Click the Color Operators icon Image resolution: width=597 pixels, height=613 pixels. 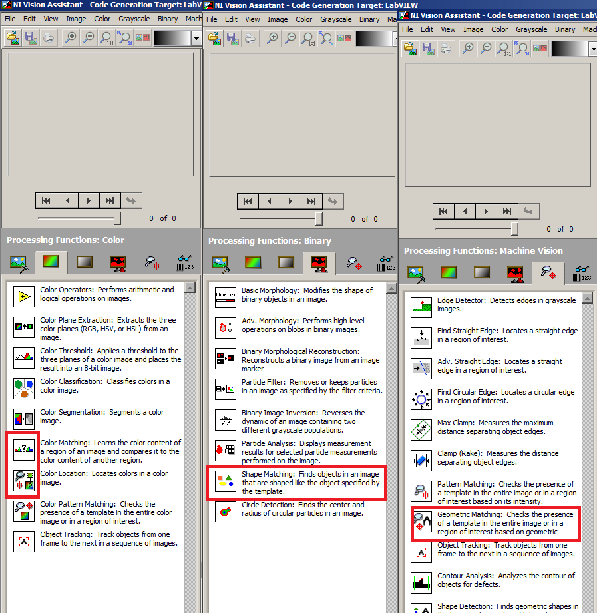click(24, 296)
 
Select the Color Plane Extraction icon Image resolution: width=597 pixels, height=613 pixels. click(24, 327)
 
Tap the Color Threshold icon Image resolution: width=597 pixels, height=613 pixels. click(24, 357)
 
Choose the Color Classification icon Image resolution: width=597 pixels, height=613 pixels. click(24, 388)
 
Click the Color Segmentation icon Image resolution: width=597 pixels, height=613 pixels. click(24, 419)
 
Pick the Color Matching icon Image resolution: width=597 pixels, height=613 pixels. click(24, 449)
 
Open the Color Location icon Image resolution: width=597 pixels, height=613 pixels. click(24, 481)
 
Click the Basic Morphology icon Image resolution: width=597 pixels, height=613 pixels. click(226, 297)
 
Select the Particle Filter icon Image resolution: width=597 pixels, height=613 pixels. click(226, 389)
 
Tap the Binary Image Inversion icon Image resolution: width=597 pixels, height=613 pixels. click(226, 420)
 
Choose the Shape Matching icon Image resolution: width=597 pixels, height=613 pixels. click(226, 481)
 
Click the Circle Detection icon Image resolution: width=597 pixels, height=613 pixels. click(226, 511)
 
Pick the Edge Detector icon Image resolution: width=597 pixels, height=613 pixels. click(421, 307)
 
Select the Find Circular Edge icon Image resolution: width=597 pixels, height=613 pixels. click(421, 399)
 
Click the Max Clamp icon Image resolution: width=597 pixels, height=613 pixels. click(421, 430)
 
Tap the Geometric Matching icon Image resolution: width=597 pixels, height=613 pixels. click(421, 522)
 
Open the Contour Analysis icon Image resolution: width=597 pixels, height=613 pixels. click(421, 583)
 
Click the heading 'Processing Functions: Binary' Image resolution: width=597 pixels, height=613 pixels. click(270, 241)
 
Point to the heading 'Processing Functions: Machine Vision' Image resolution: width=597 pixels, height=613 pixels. click(484, 251)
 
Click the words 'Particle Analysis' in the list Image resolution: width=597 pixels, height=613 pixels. click(268, 443)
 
